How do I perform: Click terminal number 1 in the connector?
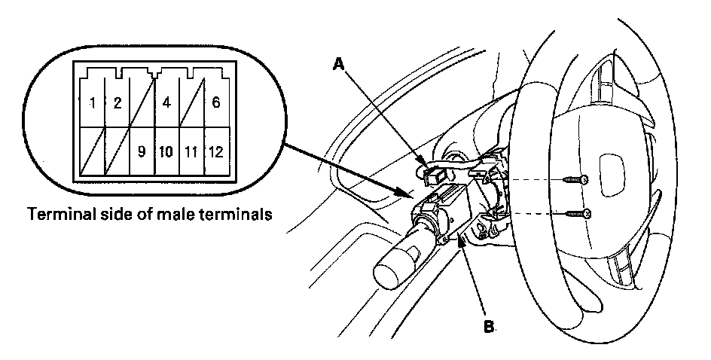coord(92,102)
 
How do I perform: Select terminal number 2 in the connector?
coord(116,102)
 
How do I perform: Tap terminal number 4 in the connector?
coord(166,102)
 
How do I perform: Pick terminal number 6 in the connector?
coord(215,102)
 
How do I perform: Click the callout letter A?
coord(340,66)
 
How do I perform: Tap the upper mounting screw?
coord(576,179)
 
